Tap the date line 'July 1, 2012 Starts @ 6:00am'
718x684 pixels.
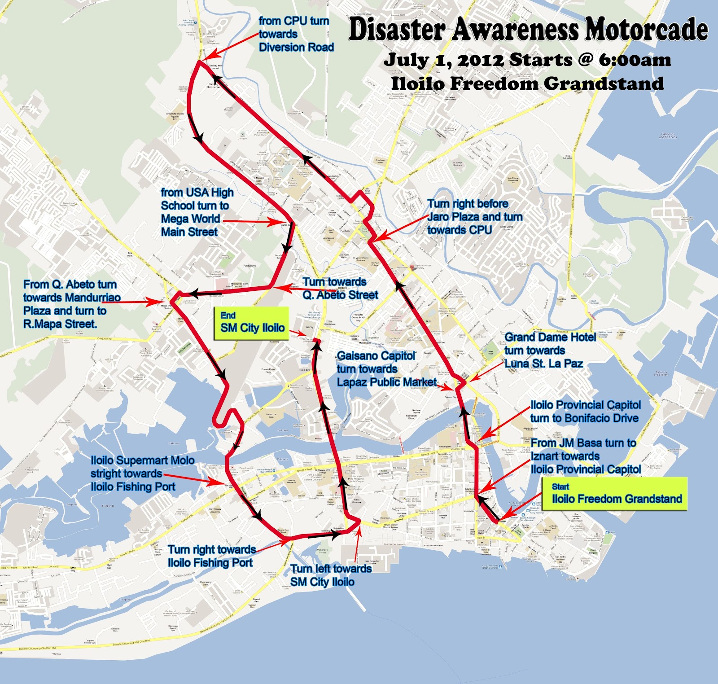[x=527, y=60]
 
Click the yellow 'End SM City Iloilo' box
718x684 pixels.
[x=252, y=323]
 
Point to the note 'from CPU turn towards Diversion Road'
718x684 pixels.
[x=296, y=34]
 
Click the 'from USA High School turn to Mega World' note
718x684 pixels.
[x=197, y=212]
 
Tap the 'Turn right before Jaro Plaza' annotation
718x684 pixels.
[x=474, y=217]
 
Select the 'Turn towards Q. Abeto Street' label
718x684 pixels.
[x=340, y=288]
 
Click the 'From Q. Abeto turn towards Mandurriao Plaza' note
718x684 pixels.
[x=72, y=304]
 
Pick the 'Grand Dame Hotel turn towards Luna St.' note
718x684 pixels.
[x=550, y=350]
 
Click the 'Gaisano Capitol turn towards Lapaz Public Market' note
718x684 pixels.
[x=386, y=368]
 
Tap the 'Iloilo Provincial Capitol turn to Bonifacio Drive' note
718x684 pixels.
[x=585, y=412]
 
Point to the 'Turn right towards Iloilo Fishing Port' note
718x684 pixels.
[x=211, y=556]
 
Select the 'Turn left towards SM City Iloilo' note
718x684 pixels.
[x=331, y=575]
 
